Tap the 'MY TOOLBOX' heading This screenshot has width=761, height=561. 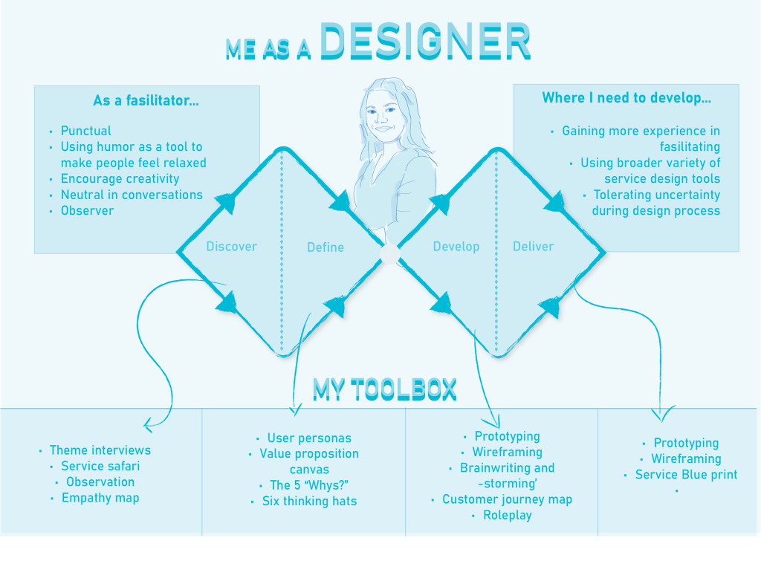(384, 389)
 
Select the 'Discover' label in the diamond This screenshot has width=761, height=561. (231, 247)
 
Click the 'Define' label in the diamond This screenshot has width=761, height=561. (326, 247)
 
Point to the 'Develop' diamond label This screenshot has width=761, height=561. (456, 247)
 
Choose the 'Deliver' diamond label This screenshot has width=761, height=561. (533, 247)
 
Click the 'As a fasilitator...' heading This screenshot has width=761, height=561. (146, 100)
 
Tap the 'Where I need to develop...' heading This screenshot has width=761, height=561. (626, 97)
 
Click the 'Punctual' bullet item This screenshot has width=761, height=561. (86, 131)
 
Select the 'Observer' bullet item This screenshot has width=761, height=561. (88, 211)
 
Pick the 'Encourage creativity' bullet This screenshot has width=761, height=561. (120, 179)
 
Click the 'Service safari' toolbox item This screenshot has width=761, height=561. (100, 467)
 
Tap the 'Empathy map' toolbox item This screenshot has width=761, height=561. (100, 498)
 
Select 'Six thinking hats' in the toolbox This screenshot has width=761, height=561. (309, 502)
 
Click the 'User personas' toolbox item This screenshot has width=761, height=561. (309, 438)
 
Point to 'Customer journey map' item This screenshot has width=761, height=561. (507, 499)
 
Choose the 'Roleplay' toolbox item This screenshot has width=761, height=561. (507, 515)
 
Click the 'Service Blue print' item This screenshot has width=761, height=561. (686, 475)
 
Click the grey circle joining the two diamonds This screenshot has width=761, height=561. (389, 254)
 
